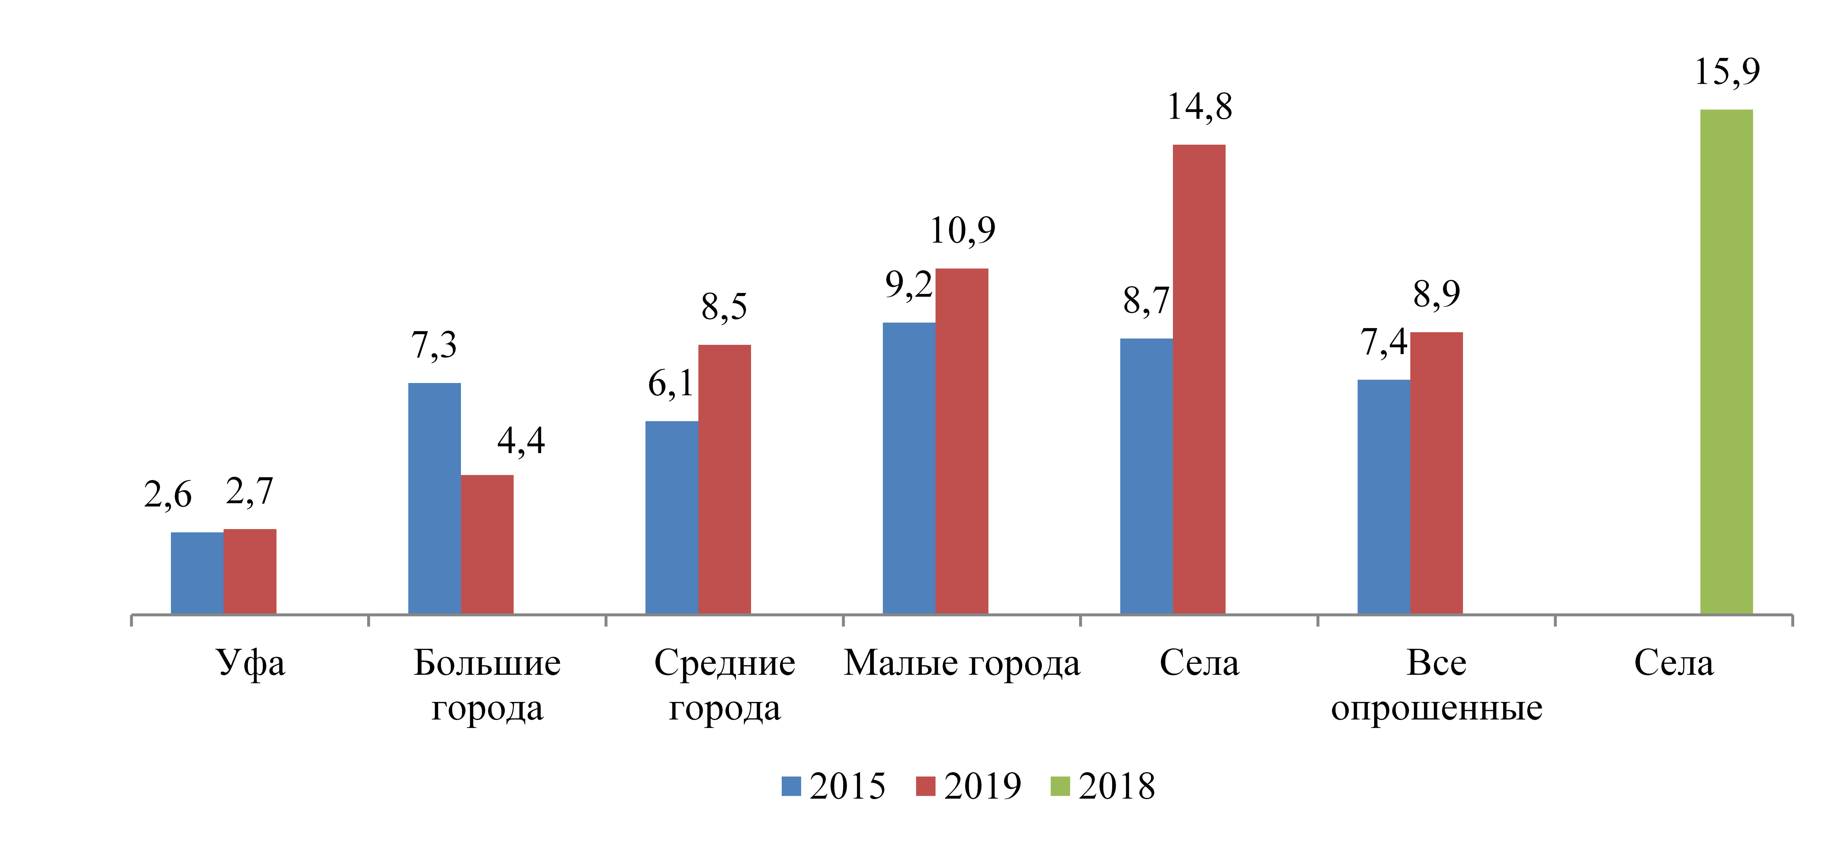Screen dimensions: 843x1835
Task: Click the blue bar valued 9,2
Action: pos(909,468)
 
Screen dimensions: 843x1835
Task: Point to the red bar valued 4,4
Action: pos(487,545)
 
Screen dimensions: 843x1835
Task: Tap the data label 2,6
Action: pos(168,495)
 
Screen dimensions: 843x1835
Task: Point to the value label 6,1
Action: pos(670,384)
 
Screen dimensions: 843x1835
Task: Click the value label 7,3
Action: pos(434,346)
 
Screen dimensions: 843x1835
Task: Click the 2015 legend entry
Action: pos(833,786)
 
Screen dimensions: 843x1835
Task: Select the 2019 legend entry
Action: pos(969,786)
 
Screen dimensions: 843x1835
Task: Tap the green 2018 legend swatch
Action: pos(1060,786)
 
